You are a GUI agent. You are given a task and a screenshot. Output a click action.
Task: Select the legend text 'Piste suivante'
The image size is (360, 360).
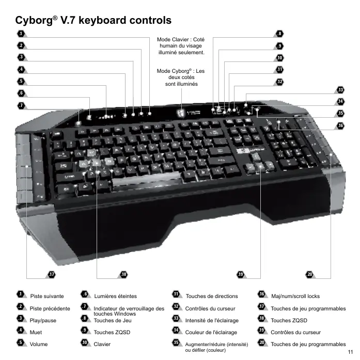47,296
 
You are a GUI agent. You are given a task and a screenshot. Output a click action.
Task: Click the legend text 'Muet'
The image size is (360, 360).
36,332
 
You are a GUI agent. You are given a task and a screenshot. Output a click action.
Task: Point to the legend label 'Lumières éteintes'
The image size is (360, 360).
115,296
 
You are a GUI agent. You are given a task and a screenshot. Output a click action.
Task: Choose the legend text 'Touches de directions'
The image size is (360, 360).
212,296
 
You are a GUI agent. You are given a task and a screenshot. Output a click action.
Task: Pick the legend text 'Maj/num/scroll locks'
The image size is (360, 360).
295,296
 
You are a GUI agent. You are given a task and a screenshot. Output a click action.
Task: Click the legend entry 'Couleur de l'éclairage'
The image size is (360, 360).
211,332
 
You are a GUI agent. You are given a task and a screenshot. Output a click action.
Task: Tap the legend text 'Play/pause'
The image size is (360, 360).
43,320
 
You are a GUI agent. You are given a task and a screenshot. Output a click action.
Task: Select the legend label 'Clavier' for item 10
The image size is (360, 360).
102,344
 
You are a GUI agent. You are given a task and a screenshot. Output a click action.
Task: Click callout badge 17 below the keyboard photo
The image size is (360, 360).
51,274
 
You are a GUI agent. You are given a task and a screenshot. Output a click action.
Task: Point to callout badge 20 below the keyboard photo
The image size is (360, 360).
309,274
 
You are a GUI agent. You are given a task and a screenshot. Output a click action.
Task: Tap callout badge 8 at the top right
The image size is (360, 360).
279,34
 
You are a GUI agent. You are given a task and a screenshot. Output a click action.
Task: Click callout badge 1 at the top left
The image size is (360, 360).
20,34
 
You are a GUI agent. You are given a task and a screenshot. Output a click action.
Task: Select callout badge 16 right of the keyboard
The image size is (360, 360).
340,126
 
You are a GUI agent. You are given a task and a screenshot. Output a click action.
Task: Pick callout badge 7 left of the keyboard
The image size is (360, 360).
21,105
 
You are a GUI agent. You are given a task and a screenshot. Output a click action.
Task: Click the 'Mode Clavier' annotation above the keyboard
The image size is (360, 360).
181,45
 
